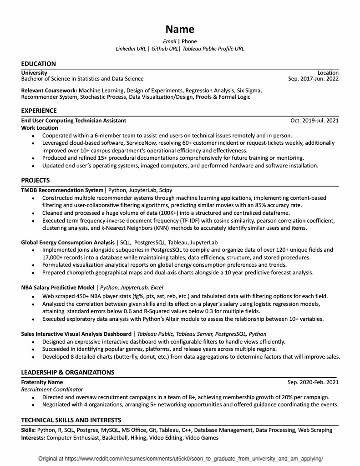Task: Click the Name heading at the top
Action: tap(180, 30)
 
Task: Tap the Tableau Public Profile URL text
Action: tap(213, 48)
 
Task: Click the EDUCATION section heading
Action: tap(39, 64)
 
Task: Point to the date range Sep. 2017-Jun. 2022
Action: tap(313, 79)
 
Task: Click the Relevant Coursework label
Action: tap(49, 91)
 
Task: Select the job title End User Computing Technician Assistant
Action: tap(74, 121)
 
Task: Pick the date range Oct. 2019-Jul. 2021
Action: tap(314, 121)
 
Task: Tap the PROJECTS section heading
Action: tap(35, 180)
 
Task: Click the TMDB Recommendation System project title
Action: tap(62, 190)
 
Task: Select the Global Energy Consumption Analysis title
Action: tap(68, 243)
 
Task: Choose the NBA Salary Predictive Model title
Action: tap(57, 288)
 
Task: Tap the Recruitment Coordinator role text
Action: tap(52, 390)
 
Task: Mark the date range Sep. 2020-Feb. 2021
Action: tap(313, 382)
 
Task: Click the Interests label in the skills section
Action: tap(33, 438)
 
